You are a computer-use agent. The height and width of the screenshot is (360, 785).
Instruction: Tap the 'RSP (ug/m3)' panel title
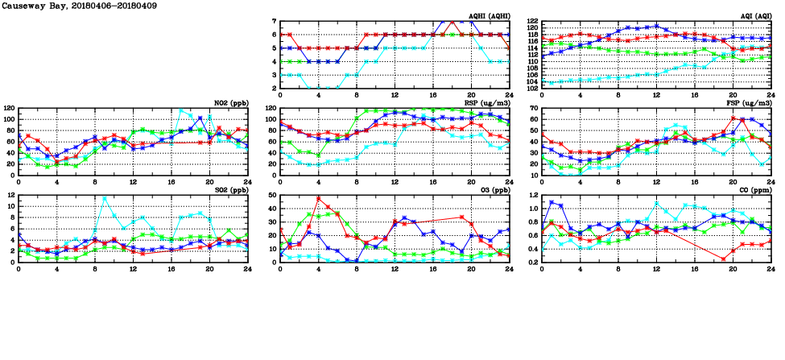[487, 103]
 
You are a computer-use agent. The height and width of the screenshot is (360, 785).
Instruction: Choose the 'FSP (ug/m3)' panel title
[750, 103]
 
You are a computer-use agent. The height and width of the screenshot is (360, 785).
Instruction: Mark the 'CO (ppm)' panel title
[752, 190]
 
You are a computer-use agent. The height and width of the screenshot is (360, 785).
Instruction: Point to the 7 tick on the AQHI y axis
[274, 21]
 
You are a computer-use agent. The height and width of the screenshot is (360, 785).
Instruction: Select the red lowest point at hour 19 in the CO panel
[723, 259]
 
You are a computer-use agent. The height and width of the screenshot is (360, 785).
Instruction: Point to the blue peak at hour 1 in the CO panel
[552, 202]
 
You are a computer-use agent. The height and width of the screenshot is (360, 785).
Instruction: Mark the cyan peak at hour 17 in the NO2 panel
[181, 110]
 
